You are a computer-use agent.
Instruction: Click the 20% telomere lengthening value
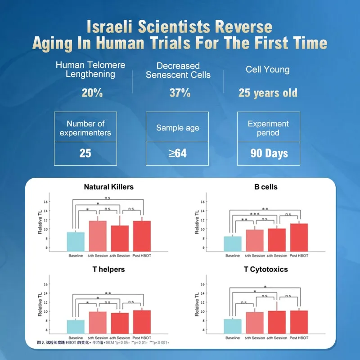point(92,93)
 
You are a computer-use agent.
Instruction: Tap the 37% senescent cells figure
point(180,93)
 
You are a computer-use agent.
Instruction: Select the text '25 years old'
point(268,93)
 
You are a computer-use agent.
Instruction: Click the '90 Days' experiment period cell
point(269,153)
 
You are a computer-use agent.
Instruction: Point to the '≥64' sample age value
point(178,153)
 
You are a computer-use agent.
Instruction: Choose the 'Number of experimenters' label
point(85,128)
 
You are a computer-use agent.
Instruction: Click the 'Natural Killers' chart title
point(108,187)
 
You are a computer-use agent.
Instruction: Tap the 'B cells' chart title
point(265,187)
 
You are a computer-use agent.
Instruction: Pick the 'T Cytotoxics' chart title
point(265,270)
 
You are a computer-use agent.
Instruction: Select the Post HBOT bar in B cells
point(299,237)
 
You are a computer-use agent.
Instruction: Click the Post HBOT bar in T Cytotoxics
point(299,323)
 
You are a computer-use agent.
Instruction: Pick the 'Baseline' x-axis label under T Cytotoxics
point(232,338)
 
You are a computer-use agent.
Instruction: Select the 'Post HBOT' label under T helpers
point(142,338)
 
